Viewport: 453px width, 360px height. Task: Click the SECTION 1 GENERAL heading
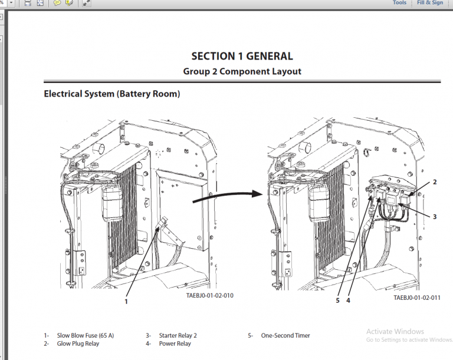point(242,57)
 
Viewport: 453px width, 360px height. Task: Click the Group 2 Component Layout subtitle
point(242,71)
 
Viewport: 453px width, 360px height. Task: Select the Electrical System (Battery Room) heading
point(112,94)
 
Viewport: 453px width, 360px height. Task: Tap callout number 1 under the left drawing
point(126,300)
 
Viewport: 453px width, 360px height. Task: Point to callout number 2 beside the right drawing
point(435,182)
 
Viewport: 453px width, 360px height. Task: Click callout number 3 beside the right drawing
point(435,217)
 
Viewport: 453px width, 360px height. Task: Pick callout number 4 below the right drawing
point(349,300)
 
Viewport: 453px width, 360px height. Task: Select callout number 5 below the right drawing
point(337,300)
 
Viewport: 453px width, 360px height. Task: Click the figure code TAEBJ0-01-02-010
point(209,296)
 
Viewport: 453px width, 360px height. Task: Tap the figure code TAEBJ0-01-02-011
point(417,298)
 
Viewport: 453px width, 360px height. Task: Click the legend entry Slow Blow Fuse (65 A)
point(85,335)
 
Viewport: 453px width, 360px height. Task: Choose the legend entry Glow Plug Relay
point(78,344)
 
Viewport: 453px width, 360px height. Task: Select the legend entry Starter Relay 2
point(178,335)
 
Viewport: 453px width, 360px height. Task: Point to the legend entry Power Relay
point(175,344)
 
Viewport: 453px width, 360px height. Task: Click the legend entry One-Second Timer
point(285,335)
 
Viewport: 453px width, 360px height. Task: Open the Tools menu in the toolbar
point(399,3)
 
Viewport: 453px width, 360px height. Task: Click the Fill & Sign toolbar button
point(430,3)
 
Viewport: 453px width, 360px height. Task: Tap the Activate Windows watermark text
point(395,331)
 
